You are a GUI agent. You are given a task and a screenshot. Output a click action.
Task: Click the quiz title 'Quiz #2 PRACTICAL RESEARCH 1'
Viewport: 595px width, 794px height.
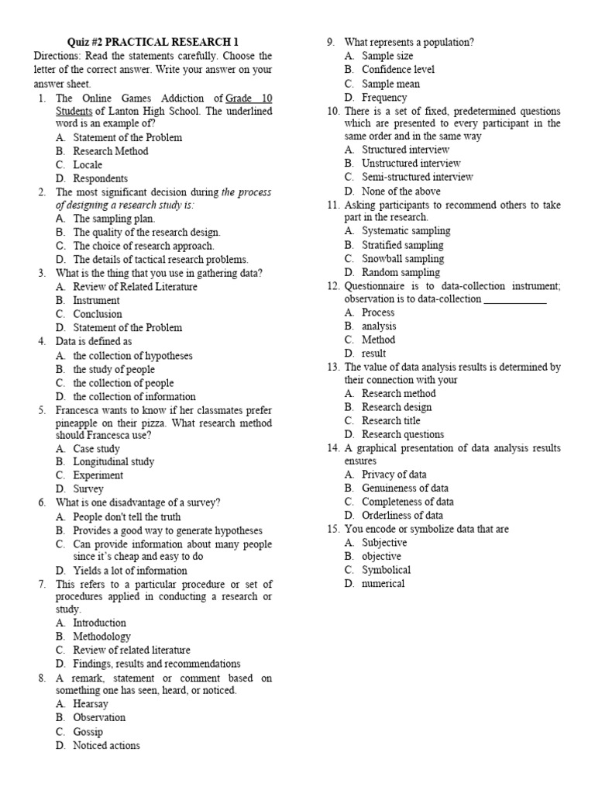click(152, 42)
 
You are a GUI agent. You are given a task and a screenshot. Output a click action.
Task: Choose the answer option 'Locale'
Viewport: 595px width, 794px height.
click(88, 164)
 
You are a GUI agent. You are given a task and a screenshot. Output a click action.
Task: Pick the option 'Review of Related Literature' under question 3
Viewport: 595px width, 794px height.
click(135, 286)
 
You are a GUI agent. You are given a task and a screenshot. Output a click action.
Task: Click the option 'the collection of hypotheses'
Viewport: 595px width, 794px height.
click(132, 356)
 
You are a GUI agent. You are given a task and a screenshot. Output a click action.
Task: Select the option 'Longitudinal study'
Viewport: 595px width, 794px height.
click(113, 461)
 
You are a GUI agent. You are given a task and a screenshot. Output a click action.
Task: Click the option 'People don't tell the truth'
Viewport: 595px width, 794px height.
click(127, 516)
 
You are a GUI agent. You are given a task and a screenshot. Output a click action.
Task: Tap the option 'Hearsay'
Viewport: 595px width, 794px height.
click(91, 704)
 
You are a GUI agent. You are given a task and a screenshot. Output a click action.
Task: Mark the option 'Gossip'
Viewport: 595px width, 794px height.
click(88, 731)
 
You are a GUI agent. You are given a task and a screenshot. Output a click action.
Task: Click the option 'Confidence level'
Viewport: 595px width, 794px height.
click(397, 69)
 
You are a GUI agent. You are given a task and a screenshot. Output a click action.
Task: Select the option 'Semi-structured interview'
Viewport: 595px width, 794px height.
click(418, 177)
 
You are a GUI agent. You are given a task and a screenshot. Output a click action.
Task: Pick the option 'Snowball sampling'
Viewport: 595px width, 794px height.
click(403, 258)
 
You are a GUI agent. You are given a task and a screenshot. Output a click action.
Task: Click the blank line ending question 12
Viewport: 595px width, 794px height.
click(515, 299)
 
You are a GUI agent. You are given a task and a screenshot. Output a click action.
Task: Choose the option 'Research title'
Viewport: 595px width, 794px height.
click(391, 420)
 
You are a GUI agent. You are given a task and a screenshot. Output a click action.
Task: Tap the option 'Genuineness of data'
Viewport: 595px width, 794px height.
click(405, 488)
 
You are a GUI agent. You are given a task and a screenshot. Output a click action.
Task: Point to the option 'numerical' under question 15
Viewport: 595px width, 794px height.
click(383, 583)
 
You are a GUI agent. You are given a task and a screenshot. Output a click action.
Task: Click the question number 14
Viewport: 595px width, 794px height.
click(333, 447)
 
